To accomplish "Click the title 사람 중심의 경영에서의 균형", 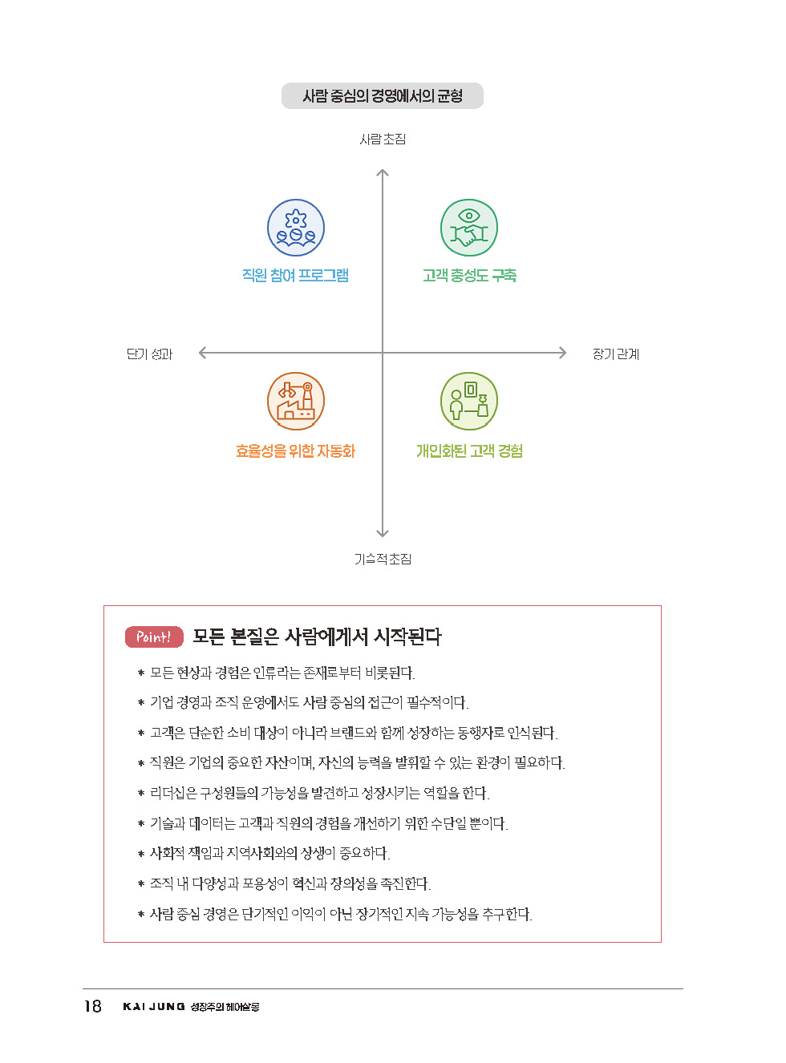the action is [x=383, y=96].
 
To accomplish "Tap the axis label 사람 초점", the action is [x=383, y=139].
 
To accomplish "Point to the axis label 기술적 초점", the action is [x=383, y=559].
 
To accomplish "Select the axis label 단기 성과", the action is [x=149, y=354].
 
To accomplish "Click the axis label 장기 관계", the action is [x=615, y=354].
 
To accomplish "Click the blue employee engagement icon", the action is [x=296, y=228].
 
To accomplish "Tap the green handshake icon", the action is [x=469, y=228].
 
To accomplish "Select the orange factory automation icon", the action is [x=296, y=401].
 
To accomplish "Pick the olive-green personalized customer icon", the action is [x=469, y=401].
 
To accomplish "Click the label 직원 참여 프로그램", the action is [x=296, y=276].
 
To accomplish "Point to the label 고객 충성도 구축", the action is [x=469, y=276].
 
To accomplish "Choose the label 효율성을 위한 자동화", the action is [x=296, y=451].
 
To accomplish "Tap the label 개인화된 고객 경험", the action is [x=469, y=451].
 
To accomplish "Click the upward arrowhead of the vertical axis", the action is [x=383, y=172].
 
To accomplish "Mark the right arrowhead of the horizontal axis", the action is [x=562, y=353].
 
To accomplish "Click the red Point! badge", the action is [x=154, y=637].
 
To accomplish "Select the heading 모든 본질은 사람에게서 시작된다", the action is [x=317, y=637].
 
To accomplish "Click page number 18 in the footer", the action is [x=93, y=1006].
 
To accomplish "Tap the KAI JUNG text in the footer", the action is [x=154, y=1007].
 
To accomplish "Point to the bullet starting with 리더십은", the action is [x=319, y=794].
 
